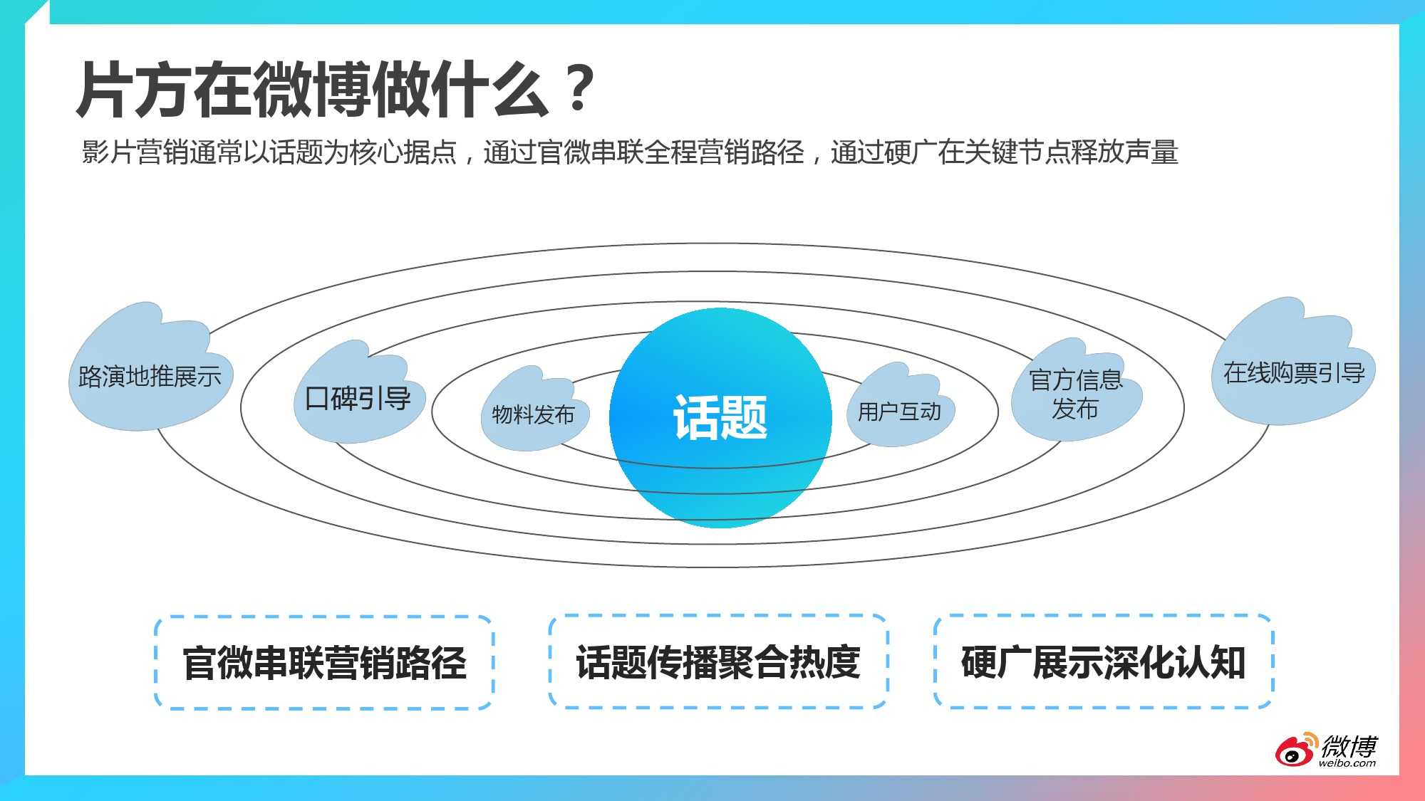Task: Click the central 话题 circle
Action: point(720,418)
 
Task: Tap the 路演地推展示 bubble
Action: point(150,375)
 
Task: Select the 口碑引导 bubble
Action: point(358,398)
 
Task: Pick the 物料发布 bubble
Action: point(533,414)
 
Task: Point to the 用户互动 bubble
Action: point(899,411)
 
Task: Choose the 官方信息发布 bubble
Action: point(1075,394)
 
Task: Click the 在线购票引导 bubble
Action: point(1293,372)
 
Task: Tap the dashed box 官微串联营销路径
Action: point(324,663)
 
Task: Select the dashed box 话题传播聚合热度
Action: point(718,662)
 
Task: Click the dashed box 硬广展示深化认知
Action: point(1103,662)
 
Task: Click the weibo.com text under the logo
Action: point(1347,763)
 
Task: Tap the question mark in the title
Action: point(581,89)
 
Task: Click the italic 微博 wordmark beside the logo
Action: point(1349,746)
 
